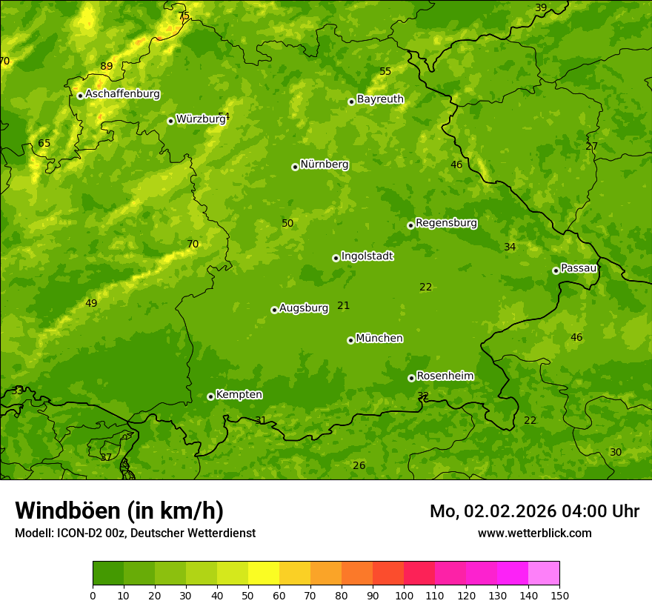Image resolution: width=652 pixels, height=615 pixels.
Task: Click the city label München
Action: tap(379, 339)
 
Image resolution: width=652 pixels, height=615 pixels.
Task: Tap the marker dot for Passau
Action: tap(556, 270)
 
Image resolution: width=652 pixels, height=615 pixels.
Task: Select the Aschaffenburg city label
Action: tap(122, 94)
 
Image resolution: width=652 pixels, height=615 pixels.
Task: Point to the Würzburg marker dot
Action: tap(170, 121)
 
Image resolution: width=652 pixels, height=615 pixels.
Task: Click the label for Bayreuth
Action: tap(380, 99)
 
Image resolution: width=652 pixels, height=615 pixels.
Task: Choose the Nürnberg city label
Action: tap(324, 164)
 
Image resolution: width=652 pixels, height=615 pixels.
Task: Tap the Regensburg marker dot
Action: tap(410, 225)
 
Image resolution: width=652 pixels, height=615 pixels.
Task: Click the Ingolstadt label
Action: tap(367, 256)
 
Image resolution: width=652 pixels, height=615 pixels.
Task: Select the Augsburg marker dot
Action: tap(274, 310)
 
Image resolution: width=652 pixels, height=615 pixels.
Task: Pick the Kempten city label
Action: tap(239, 395)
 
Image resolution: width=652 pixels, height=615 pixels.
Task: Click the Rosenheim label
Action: tap(445, 376)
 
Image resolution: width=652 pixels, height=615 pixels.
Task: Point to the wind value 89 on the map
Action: tap(107, 66)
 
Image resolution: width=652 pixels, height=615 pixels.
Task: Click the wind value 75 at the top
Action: tap(184, 16)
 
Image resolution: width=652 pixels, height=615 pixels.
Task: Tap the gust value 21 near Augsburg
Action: tap(343, 305)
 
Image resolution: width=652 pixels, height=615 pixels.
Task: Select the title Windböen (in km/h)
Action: tap(119, 511)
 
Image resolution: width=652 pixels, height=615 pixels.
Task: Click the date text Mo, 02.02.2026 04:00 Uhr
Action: tap(534, 511)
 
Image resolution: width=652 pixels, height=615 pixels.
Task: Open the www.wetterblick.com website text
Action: tap(534, 533)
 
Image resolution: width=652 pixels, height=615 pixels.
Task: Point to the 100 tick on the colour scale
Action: tap(404, 595)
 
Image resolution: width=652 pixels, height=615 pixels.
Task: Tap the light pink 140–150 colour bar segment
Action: tap(544, 573)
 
